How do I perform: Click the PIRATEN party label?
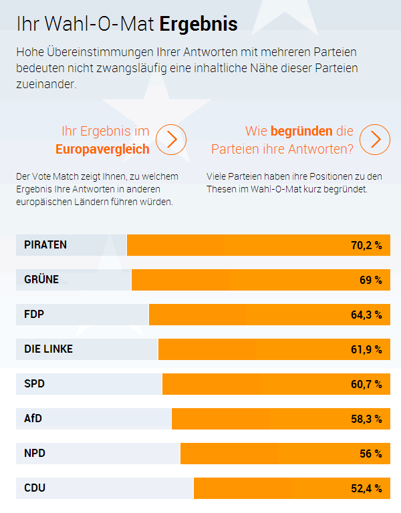[x=45, y=245]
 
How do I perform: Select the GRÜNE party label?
[x=41, y=280]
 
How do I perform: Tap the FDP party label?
[x=34, y=315]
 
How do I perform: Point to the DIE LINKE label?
[x=49, y=349]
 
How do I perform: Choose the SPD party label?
[x=34, y=384]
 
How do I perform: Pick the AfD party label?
[x=33, y=419]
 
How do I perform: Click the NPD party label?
[x=35, y=454]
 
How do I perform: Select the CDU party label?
[x=35, y=488]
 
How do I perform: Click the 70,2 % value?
[x=366, y=245]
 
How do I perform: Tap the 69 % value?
[x=370, y=280]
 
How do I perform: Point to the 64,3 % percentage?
[x=366, y=315]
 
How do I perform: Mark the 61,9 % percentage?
[x=366, y=349]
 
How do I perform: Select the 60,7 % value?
[x=366, y=384]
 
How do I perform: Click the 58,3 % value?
[x=366, y=419]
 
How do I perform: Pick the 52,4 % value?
[x=366, y=488]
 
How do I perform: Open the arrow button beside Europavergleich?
[x=171, y=140]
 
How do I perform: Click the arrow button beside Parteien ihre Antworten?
[x=375, y=140]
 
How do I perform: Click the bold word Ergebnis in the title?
[x=198, y=25]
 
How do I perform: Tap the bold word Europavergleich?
[x=102, y=149]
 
